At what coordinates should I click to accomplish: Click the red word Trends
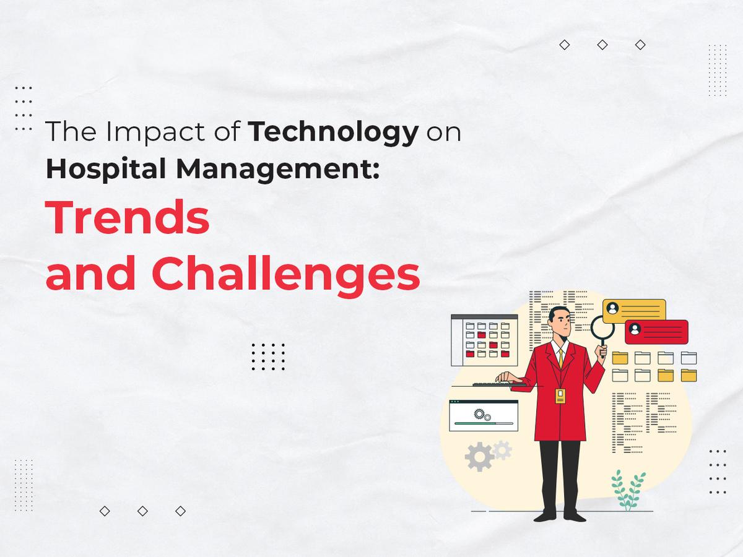tap(128, 218)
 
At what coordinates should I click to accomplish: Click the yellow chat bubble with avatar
tap(634, 309)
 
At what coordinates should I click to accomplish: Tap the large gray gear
tap(479, 457)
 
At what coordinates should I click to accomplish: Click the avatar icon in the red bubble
tap(635, 330)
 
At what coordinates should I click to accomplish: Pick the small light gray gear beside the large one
tap(503, 450)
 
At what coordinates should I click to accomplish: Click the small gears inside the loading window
tap(480, 413)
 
